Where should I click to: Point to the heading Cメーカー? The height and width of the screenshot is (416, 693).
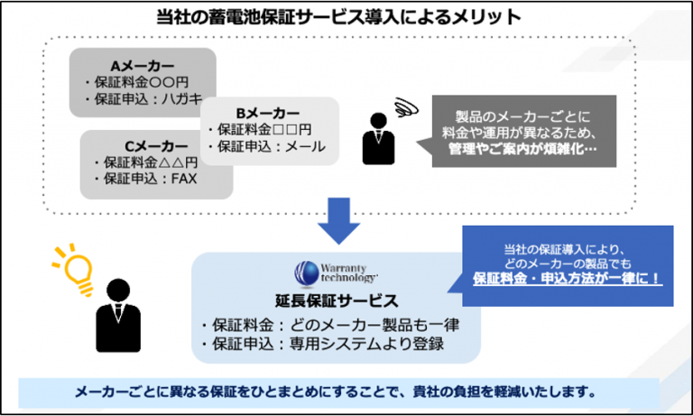pos(156,146)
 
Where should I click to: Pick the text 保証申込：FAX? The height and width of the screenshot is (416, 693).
pos(151,178)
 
